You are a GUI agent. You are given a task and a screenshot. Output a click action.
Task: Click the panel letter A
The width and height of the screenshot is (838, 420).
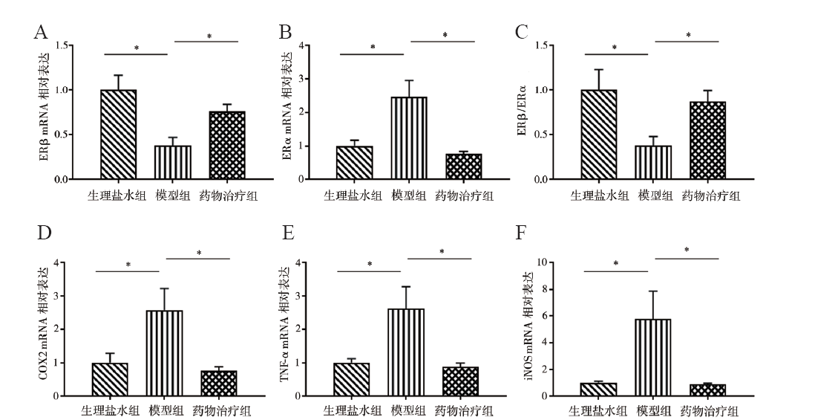coord(42,32)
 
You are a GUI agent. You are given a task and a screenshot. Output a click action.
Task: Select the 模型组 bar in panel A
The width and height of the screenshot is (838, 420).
coord(174,162)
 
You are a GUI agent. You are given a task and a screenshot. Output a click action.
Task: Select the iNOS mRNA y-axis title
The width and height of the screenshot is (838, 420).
coord(528,330)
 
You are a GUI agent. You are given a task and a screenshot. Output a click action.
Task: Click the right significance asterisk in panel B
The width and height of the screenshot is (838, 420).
coord(445,35)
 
